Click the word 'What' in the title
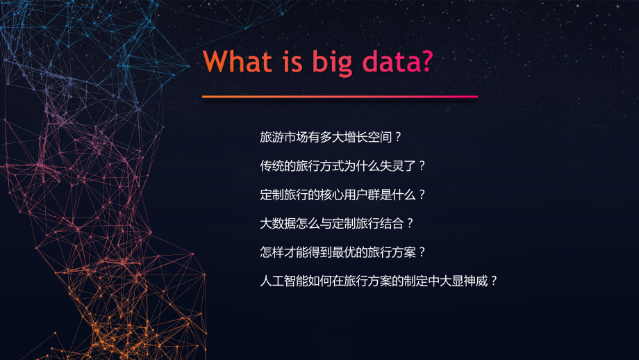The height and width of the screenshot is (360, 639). [236, 62]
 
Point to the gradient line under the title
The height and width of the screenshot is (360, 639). [340, 97]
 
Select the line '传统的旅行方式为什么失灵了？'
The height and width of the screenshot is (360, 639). [342, 166]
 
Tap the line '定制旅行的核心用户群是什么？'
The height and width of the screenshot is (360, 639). [342, 195]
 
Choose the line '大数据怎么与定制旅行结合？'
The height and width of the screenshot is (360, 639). [336, 224]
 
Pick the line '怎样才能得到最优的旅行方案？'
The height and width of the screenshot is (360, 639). [342, 252]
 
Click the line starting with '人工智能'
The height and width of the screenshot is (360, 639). [379, 281]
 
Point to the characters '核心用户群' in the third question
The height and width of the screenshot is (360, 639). [359, 195]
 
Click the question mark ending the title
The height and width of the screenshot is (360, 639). [426, 62]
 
